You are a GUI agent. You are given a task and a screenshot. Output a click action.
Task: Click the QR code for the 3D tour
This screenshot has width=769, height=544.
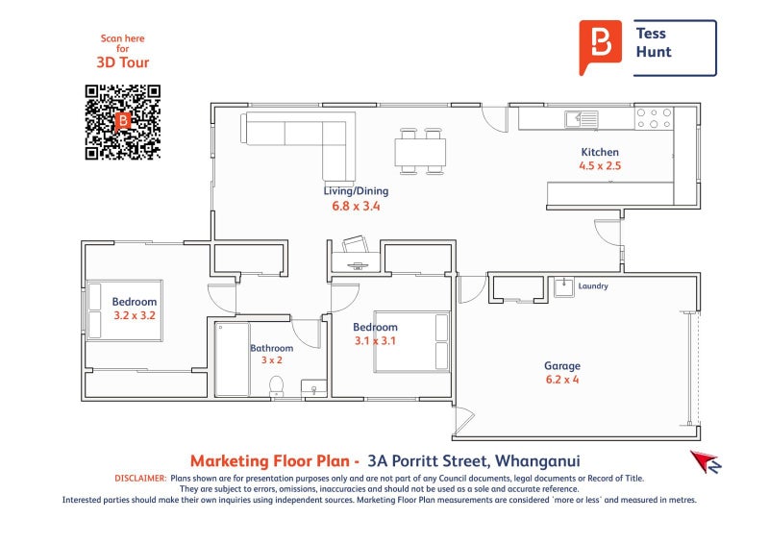(123, 122)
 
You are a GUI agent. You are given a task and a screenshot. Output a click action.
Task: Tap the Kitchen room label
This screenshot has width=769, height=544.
(600, 152)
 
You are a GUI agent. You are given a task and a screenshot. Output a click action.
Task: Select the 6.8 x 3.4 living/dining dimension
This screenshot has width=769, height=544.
(356, 206)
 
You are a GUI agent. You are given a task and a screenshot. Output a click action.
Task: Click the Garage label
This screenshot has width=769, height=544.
(562, 366)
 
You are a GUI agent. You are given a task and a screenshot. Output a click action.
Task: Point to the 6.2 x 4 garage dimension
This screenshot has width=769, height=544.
(562, 380)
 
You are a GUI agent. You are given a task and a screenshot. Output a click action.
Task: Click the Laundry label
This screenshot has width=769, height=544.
(593, 286)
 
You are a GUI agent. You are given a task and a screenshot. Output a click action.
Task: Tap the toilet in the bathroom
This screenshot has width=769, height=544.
(277, 386)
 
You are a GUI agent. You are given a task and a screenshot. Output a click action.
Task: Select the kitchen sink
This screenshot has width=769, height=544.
(582, 119)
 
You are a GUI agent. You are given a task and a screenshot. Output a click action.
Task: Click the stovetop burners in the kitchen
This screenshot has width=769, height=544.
(654, 118)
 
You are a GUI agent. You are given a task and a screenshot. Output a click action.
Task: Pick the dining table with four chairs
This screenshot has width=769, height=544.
(420, 151)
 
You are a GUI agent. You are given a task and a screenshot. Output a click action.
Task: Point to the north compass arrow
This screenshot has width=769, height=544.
(706, 461)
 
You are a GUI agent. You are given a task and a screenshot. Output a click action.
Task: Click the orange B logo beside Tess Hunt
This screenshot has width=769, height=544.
(600, 47)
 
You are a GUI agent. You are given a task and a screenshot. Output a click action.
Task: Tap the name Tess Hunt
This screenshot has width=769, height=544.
(654, 42)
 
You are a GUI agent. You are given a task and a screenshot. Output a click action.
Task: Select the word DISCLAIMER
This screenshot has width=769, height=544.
(140, 479)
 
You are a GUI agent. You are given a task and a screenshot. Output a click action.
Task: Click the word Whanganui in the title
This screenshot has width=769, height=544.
(537, 461)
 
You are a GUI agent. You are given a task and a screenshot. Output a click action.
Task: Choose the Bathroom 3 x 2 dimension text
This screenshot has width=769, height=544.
(272, 360)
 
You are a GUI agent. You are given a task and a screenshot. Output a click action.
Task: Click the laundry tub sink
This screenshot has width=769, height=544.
(564, 287)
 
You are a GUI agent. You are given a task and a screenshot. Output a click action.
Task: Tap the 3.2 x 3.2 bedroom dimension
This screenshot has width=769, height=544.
(135, 315)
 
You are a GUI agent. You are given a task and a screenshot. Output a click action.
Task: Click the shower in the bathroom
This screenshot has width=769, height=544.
(233, 359)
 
